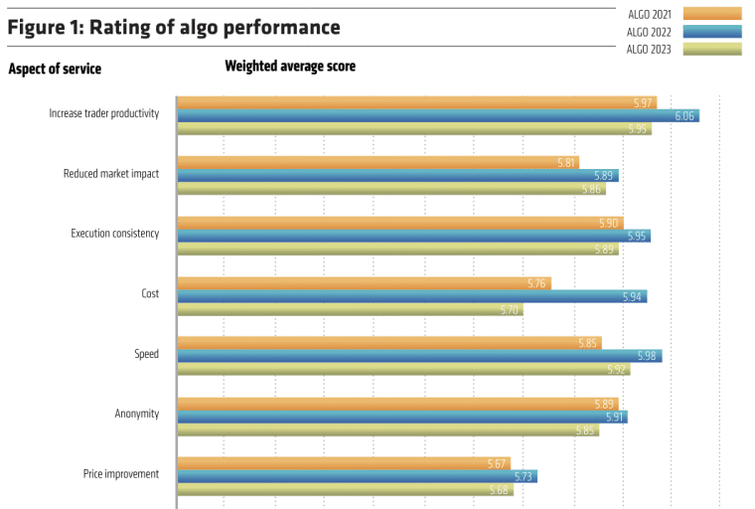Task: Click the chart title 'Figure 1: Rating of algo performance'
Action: point(174,28)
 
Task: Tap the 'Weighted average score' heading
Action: point(290,67)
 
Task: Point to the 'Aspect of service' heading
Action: point(55,69)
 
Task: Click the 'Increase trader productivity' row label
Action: point(104,113)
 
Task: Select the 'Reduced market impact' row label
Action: point(111,173)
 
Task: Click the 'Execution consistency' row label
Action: point(115,234)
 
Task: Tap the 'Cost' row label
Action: point(150,293)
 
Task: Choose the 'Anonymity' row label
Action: point(137,414)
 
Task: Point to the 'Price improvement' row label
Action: point(121,474)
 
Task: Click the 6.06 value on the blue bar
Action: point(683,116)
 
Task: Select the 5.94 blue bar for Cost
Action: point(411,296)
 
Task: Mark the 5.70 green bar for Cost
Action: point(350,309)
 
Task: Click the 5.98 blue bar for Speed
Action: point(419,356)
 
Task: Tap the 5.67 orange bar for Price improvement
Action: point(343,462)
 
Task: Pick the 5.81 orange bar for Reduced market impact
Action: point(377,162)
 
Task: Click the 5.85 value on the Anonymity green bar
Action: point(585,430)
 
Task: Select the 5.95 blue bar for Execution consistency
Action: point(413,236)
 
